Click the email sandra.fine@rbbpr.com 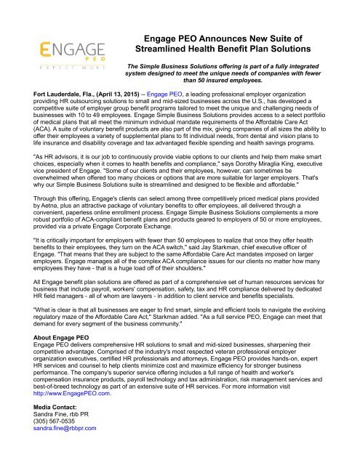48,459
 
